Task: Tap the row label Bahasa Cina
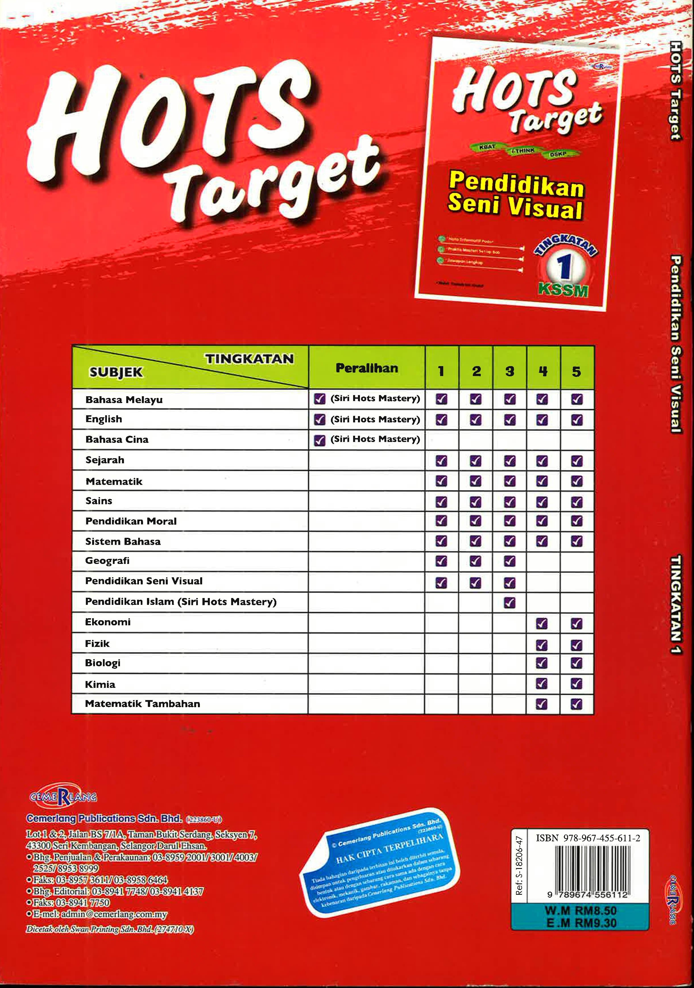(117, 439)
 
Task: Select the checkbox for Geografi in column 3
(509, 561)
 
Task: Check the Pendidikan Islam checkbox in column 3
(509, 603)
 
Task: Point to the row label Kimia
(100, 684)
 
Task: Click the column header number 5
(577, 371)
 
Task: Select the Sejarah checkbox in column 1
(441, 461)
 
